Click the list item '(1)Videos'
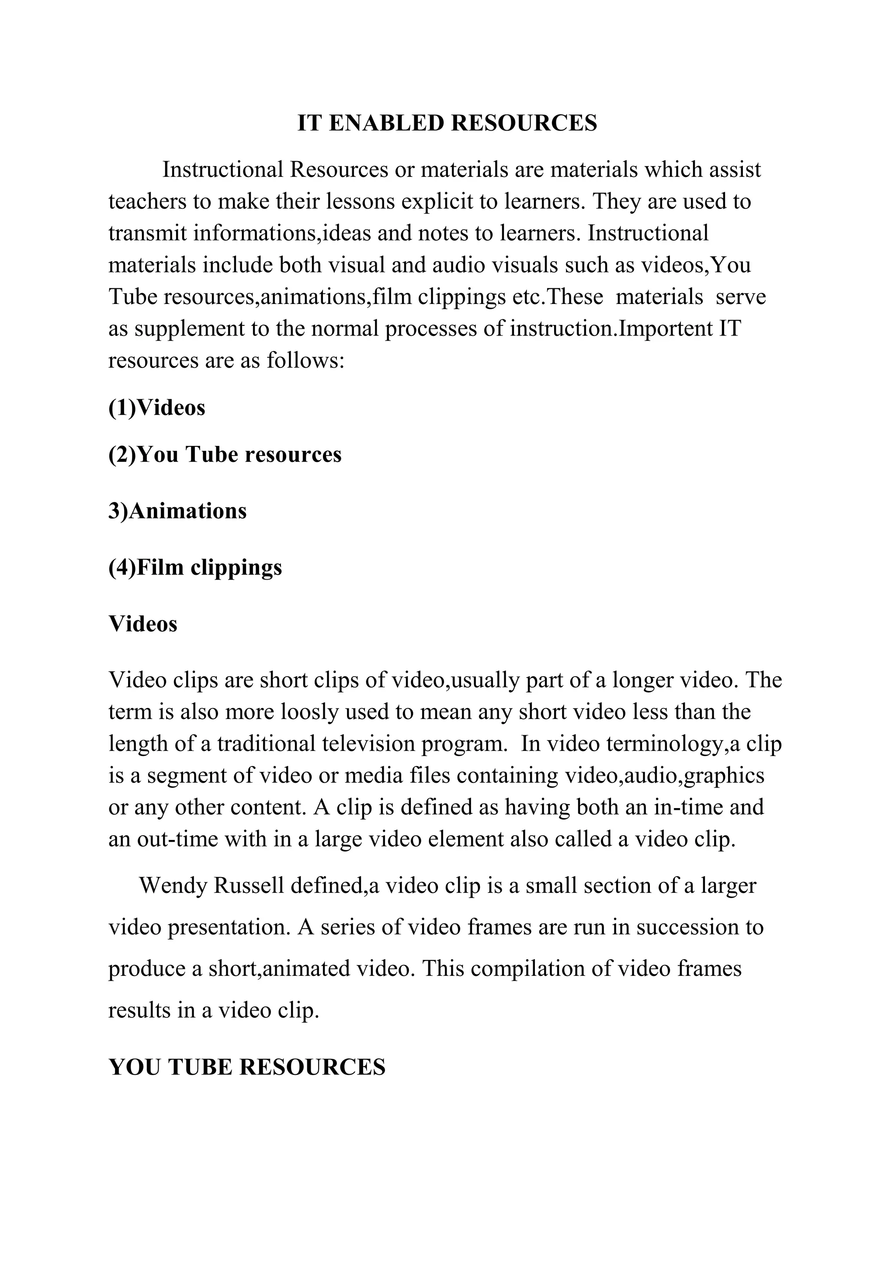(x=157, y=408)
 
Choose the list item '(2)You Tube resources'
(x=225, y=455)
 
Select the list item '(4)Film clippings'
(x=195, y=567)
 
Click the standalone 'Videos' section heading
(x=143, y=624)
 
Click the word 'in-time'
(x=688, y=807)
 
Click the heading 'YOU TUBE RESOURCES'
(x=247, y=1067)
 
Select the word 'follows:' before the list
(x=306, y=361)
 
